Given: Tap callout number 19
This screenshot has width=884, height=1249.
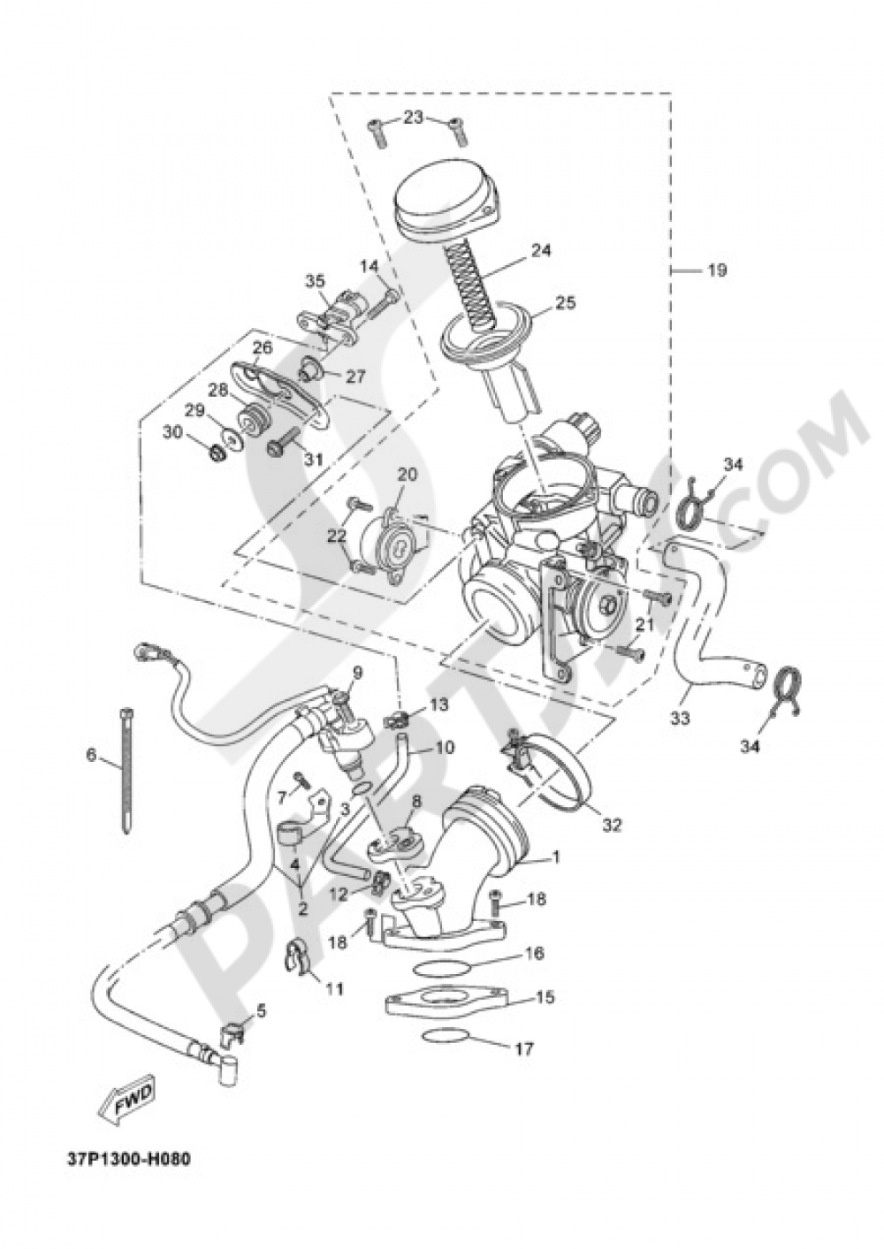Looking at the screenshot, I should (x=716, y=270).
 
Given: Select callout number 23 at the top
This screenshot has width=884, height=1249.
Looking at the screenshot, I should (x=415, y=118).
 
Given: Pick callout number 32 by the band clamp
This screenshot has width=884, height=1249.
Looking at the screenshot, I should (x=612, y=826).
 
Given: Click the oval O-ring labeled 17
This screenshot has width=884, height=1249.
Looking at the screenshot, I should (x=451, y=1037).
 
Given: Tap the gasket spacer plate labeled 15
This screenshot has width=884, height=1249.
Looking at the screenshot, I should (x=446, y=1002).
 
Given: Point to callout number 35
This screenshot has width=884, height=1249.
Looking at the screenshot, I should (x=316, y=282).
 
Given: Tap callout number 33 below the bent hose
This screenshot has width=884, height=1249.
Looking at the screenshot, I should (x=678, y=720).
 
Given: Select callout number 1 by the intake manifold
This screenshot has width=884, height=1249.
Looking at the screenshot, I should (x=556, y=857).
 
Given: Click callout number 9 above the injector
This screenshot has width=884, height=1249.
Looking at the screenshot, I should (x=357, y=673).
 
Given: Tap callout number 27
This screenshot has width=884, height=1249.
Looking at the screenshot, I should (x=355, y=376).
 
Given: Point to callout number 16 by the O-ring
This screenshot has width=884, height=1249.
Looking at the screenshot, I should (x=533, y=954).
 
